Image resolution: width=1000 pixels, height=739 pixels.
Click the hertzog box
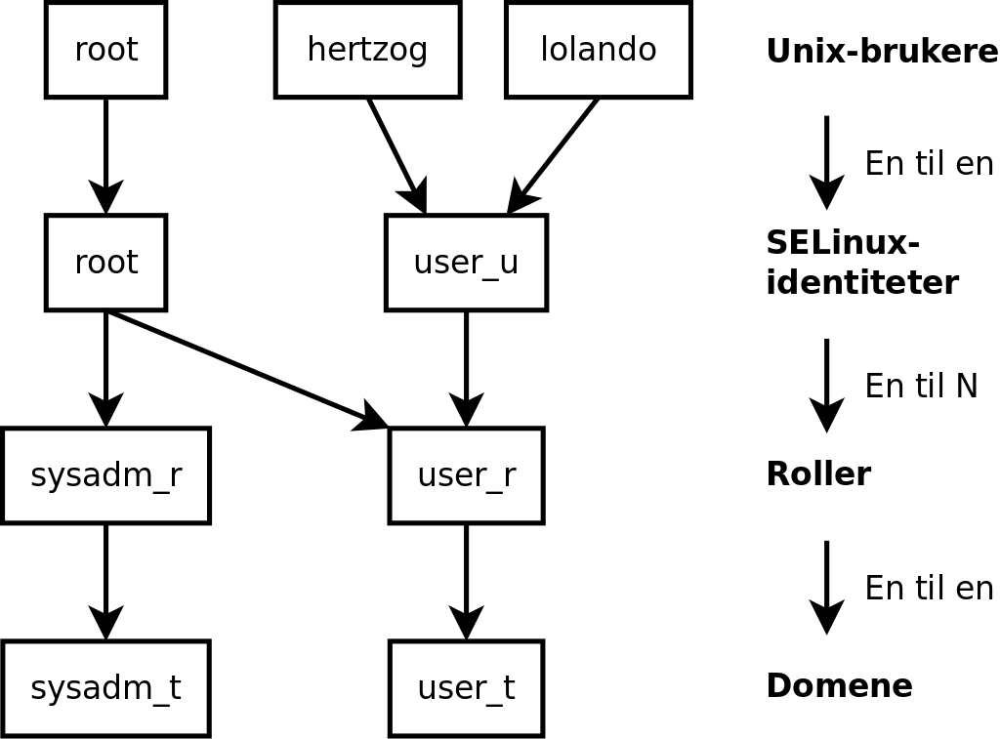point(367,50)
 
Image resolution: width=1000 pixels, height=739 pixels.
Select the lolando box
point(598,50)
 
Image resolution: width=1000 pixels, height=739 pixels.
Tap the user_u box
point(466,263)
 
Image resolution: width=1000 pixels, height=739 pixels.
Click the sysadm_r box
point(105,475)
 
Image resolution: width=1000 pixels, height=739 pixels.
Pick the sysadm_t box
point(105,688)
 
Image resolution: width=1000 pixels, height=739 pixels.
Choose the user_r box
point(466,475)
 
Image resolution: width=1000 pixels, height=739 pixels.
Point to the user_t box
point(466,688)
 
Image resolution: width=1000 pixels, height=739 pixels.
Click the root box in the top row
point(105,50)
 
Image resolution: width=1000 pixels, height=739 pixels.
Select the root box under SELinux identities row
point(105,263)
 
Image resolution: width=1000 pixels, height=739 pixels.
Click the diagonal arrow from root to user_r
point(244,368)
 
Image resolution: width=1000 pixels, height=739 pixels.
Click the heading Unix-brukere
point(881,52)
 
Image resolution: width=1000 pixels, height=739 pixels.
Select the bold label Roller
point(817,474)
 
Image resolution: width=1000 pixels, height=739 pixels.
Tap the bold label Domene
point(838,686)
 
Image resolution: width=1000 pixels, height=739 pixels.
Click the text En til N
point(920,387)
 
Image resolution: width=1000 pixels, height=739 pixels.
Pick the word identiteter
point(861,283)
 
